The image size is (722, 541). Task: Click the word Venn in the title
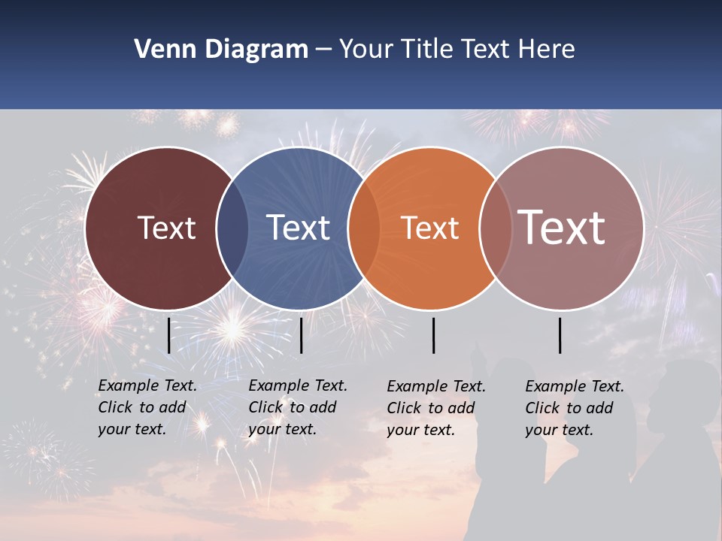coord(159,50)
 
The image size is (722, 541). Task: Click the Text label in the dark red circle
coord(167,228)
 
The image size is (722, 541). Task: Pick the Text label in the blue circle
coord(299,228)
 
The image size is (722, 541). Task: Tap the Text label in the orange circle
coord(430,228)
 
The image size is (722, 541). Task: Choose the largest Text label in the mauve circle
coord(561,227)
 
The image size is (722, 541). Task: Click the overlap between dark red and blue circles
coord(232,228)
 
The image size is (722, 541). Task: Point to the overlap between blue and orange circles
coord(364,228)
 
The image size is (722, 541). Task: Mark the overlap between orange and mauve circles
coord(496,228)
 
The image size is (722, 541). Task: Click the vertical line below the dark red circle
coord(169,335)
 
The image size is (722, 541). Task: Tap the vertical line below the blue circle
coord(301,335)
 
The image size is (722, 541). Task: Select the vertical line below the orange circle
coord(434,335)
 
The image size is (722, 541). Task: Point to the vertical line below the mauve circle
coord(560,335)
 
